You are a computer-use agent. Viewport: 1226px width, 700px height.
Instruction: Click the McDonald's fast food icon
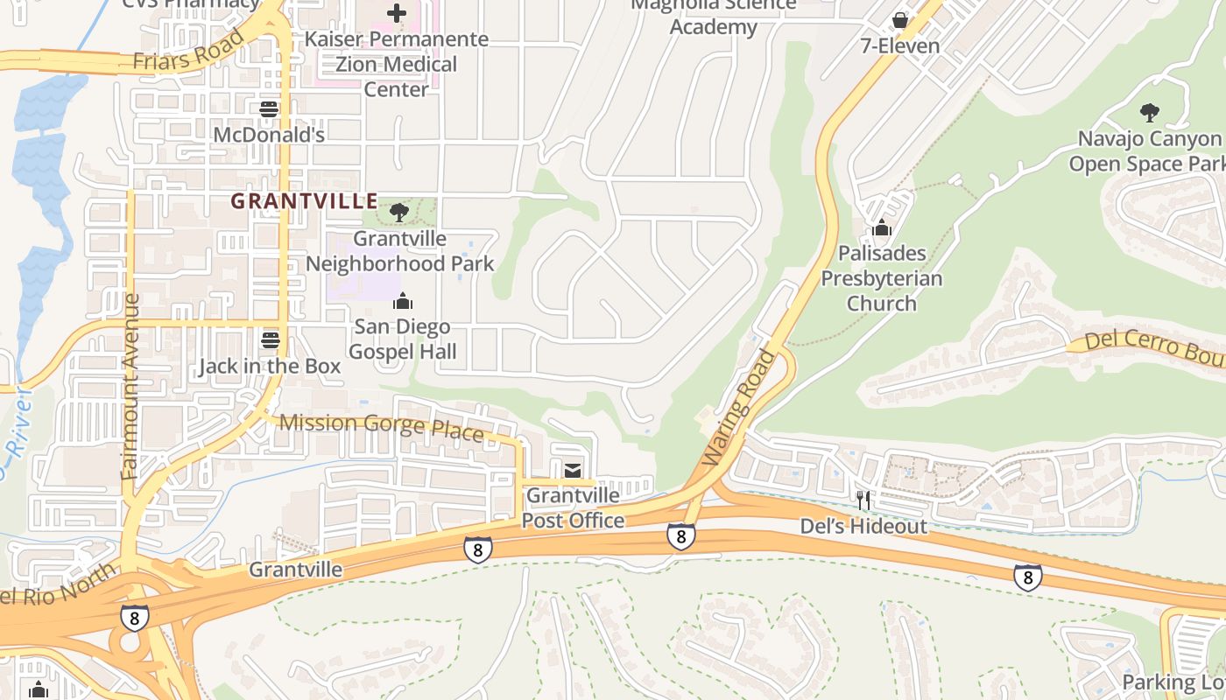click(269, 109)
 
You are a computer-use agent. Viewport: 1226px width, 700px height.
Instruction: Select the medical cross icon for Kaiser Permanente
click(397, 13)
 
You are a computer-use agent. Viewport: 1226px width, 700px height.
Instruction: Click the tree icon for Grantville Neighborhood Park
click(399, 212)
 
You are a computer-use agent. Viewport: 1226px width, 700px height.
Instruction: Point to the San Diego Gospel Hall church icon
click(403, 301)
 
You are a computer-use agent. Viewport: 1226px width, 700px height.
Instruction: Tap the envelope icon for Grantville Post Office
click(573, 471)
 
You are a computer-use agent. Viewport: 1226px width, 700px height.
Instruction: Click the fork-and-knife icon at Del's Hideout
click(863, 500)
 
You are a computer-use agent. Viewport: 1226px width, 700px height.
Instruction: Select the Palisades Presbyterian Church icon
click(881, 227)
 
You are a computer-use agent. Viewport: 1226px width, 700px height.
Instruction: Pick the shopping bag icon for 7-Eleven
click(899, 20)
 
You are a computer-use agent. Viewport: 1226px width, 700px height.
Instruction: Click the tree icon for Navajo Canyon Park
click(1149, 112)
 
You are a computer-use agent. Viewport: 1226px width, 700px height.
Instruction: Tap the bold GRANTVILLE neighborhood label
click(304, 201)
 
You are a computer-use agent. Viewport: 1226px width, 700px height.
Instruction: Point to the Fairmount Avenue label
click(131, 387)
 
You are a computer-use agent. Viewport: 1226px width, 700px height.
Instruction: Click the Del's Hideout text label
click(863, 526)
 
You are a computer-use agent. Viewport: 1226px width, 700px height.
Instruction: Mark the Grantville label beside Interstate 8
click(296, 570)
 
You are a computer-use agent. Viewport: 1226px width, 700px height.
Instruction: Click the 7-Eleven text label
click(899, 45)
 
